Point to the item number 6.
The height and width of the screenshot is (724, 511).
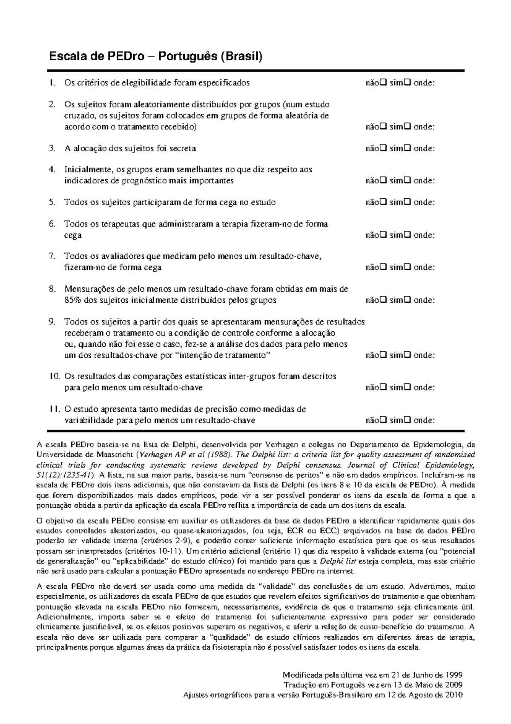pyautogui.click(x=52, y=224)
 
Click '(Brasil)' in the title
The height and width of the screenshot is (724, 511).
pyautogui.click(x=243, y=56)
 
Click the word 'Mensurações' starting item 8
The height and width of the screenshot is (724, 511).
pyautogui.click(x=89, y=289)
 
